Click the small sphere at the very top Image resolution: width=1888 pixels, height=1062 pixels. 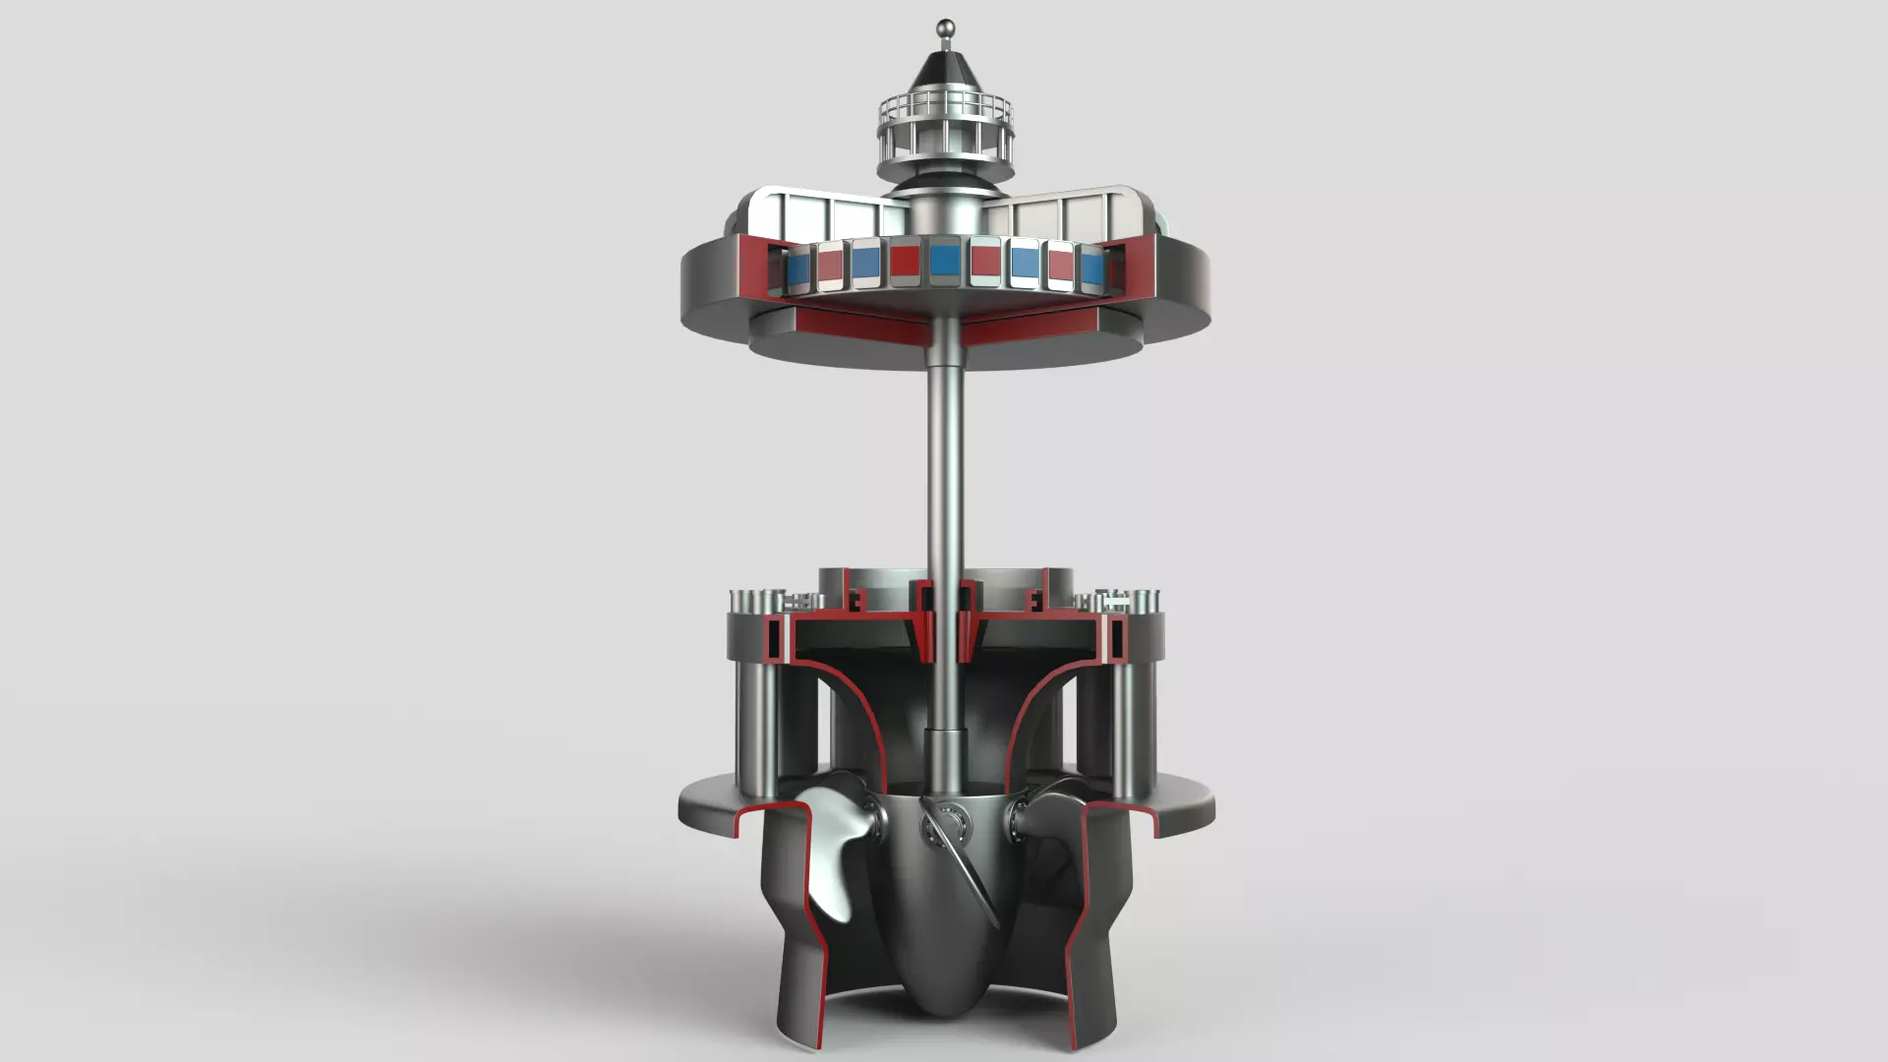(x=945, y=28)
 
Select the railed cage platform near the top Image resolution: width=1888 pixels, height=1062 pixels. (x=945, y=128)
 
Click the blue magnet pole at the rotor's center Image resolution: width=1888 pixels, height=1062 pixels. (x=945, y=261)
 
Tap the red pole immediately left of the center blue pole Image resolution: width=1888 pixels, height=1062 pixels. (x=905, y=261)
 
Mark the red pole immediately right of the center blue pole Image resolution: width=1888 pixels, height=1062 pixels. (x=985, y=262)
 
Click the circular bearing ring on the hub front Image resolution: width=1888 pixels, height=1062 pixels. (x=948, y=821)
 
